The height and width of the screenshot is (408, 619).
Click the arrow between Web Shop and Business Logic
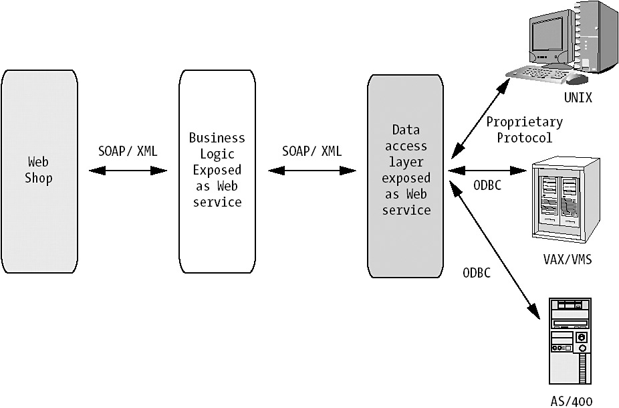point(128,171)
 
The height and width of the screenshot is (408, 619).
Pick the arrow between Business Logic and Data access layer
point(312,171)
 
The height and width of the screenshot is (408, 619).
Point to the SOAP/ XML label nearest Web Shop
point(128,151)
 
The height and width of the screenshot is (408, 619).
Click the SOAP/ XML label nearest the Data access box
point(312,151)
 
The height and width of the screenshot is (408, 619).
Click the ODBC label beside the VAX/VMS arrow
point(487,187)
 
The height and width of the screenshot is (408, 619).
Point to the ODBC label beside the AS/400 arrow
point(477,274)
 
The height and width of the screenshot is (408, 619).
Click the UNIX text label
point(578,98)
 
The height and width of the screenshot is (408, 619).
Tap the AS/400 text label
point(572,401)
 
